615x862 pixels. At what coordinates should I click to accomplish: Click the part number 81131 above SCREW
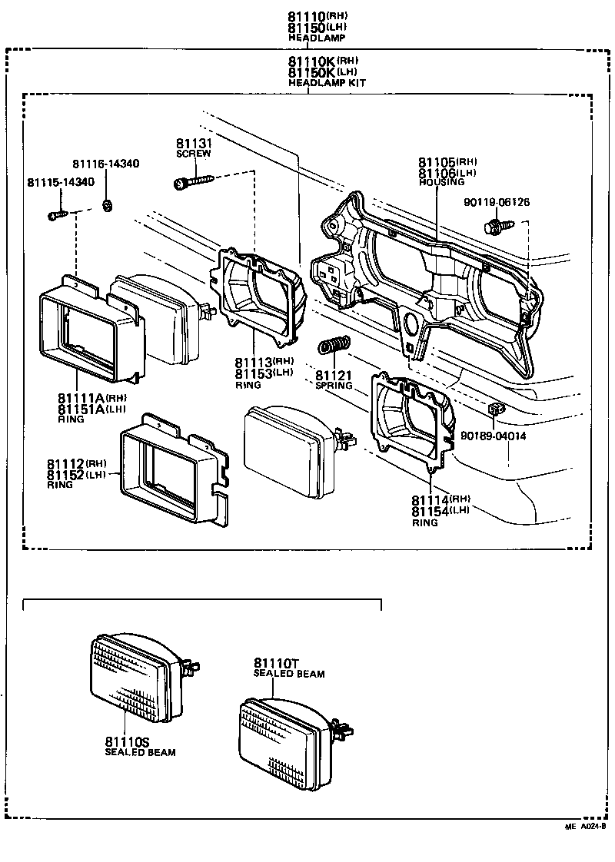click(x=194, y=144)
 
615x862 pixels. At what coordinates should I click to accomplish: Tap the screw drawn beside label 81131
click(x=192, y=182)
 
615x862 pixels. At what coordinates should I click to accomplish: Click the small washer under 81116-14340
click(x=108, y=204)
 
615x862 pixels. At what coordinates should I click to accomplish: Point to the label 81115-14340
click(x=61, y=182)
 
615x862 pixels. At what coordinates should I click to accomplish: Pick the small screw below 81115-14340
click(x=58, y=215)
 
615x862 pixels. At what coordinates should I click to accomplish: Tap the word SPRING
click(x=334, y=386)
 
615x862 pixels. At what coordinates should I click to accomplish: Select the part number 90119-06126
click(x=497, y=203)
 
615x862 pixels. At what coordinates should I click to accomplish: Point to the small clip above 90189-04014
click(x=496, y=408)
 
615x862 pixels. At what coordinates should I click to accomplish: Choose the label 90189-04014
click(x=493, y=436)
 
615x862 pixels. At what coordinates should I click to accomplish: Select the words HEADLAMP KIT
click(x=327, y=82)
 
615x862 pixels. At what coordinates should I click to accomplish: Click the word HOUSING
click(x=441, y=182)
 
